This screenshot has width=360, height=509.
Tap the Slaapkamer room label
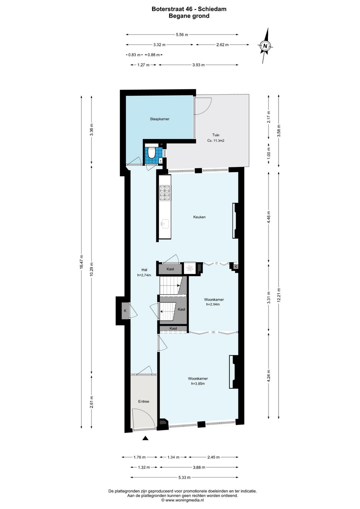coord(159,119)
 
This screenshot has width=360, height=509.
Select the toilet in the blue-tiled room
coord(152,153)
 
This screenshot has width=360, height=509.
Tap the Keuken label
coord(199,217)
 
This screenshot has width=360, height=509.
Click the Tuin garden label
coord(216,135)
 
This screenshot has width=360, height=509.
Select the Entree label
coord(144,401)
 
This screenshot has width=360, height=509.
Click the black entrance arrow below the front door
coord(145,438)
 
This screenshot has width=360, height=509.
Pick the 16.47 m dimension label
coord(81,262)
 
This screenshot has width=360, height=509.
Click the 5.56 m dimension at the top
coord(182,35)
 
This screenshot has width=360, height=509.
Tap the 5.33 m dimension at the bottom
coord(184,477)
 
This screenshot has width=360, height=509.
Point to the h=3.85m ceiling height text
coord(198,384)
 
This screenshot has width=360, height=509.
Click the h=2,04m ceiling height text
coord(213,304)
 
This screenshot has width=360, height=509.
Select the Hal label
coord(144,270)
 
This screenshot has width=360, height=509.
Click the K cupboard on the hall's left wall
coord(125,311)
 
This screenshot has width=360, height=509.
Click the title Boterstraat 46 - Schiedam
coord(189,9)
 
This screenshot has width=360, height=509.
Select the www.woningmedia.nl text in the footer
coord(184,500)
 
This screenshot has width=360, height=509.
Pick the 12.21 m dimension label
coord(279,295)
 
